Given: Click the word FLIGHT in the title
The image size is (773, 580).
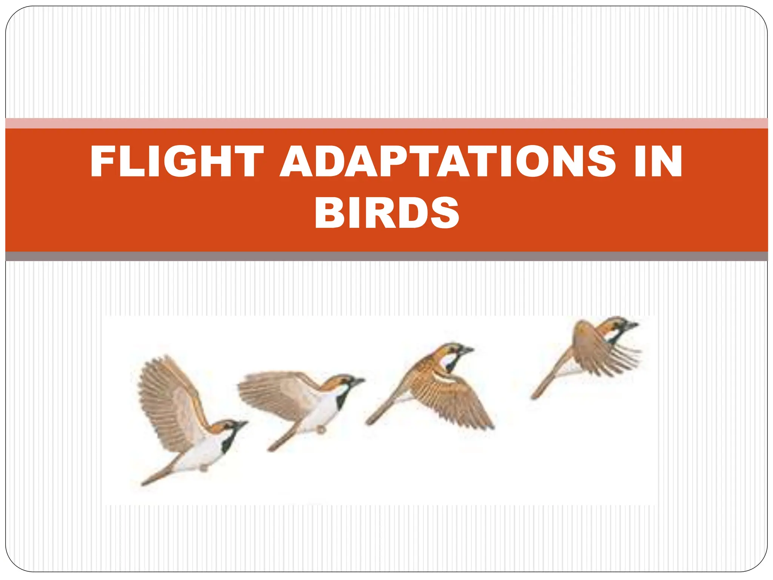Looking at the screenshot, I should click(x=177, y=162).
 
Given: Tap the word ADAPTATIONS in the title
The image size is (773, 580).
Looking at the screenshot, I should click(x=448, y=162).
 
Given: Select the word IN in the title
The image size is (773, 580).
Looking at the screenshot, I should click(x=658, y=162).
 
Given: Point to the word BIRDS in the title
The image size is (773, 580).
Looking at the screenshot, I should click(x=386, y=212).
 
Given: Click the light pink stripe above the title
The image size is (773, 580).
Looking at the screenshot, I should click(x=386, y=123).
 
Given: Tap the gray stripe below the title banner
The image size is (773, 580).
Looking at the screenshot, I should click(x=386, y=256).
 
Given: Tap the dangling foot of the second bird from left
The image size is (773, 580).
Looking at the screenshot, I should click(x=321, y=430).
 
